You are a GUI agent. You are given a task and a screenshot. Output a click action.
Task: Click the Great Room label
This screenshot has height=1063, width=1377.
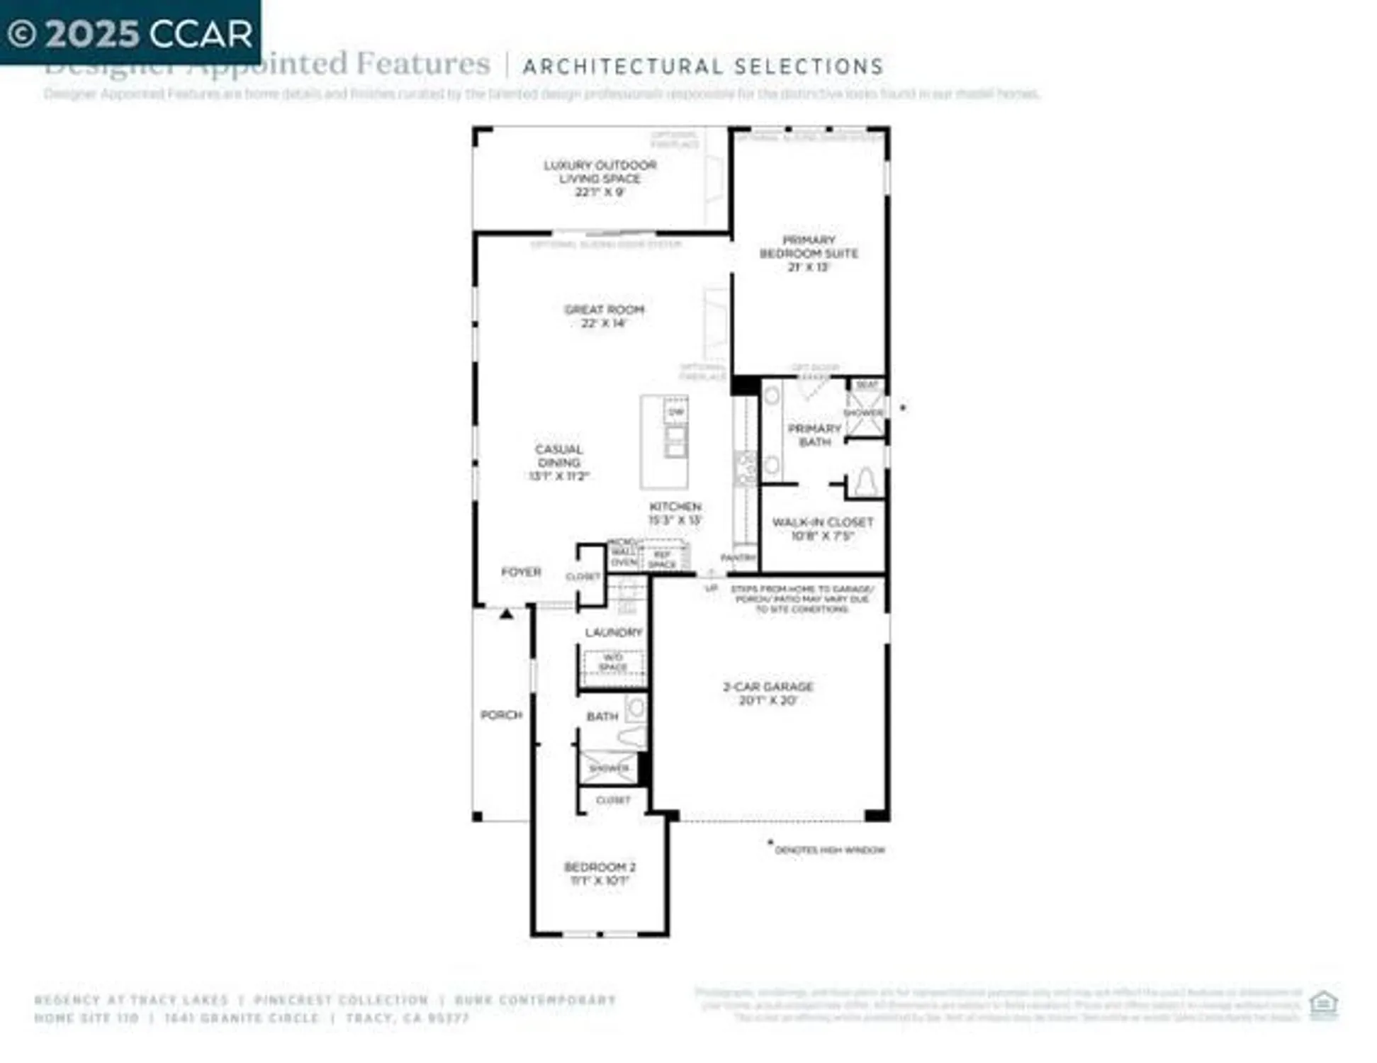click(604, 316)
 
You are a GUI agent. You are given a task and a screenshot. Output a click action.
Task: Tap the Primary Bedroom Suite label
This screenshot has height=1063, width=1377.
click(809, 253)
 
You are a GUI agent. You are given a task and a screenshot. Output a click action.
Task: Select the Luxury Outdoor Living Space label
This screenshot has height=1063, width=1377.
click(600, 178)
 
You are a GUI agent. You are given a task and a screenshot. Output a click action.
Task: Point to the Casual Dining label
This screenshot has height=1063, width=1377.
click(558, 462)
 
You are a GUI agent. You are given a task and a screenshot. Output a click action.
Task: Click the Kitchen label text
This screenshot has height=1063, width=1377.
click(675, 506)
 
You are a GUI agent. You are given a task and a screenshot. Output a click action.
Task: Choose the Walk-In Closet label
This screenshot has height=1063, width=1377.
click(822, 529)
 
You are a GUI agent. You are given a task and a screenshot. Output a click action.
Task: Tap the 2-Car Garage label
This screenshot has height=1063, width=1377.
click(768, 693)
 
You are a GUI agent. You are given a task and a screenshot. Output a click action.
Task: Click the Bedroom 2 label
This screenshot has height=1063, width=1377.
click(600, 873)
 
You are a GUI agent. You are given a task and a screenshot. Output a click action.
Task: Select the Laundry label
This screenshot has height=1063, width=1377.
click(613, 632)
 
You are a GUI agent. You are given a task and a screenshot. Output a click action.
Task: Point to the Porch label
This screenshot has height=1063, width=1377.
click(501, 715)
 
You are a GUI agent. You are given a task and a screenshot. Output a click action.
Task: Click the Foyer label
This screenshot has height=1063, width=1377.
click(521, 572)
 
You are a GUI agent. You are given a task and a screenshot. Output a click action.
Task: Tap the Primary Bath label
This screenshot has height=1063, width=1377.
click(814, 435)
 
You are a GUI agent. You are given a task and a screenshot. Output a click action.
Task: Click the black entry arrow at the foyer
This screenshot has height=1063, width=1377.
click(506, 614)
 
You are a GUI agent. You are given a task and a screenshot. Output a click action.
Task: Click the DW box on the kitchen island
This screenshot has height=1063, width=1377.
click(676, 411)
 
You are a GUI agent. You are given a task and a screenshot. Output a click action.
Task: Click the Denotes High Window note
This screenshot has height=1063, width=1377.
click(829, 850)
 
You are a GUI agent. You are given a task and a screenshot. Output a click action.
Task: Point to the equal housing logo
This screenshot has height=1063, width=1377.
click(1322, 1004)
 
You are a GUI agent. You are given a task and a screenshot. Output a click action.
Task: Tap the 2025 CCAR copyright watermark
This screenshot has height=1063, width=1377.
click(130, 33)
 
